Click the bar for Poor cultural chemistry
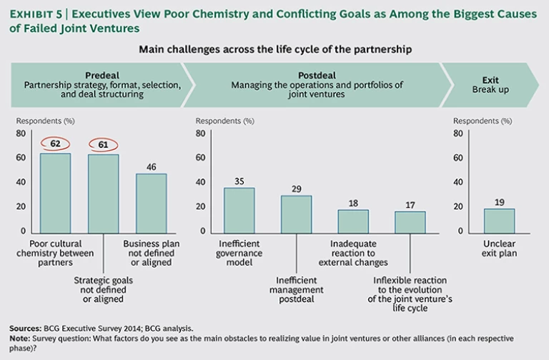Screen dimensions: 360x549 click(55, 192)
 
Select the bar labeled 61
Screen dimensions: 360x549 click(104, 193)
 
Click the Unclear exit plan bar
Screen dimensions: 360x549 click(499, 219)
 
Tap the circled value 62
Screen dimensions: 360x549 click(55, 144)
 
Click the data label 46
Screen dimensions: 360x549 click(151, 166)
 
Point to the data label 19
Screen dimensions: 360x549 click(499, 201)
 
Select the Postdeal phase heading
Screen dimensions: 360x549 click(316, 74)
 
